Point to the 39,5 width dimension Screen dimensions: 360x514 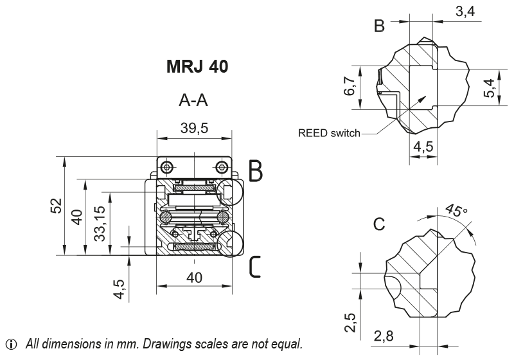pyautogui.click(x=194, y=128)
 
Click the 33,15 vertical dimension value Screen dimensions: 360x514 pyautogui.click(x=100, y=224)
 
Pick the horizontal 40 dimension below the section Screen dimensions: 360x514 pyautogui.click(x=194, y=277)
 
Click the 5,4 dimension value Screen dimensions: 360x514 pyautogui.click(x=490, y=89)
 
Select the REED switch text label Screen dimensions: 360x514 pyautogui.click(x=329, y=134)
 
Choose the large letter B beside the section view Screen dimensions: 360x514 pyautogui.click(x=256, y=171)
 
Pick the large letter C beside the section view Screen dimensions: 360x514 pyautogui.click(x=255, y=266)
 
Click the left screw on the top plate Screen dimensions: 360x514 pyautogui.click(x=167, y=167)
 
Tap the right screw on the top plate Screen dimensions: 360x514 pyautogui.click(x=222, y=167)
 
